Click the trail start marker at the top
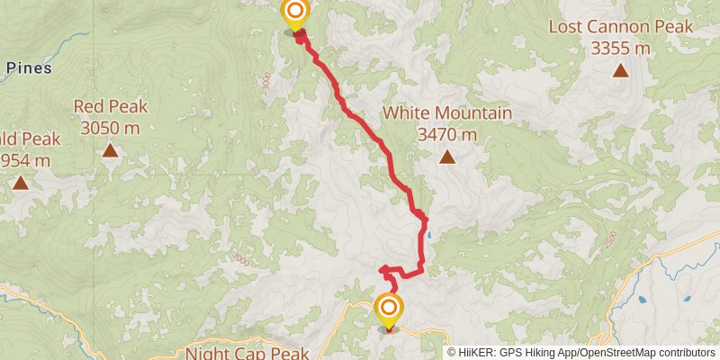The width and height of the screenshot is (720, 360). point(294,13)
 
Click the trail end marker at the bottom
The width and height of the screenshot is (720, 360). point(389,310)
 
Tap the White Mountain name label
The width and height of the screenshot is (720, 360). point(447,113)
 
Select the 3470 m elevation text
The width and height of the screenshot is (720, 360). point(447,135)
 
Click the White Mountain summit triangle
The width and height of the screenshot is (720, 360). point(447,158)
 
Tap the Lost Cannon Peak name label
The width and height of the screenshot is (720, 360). point(622,27)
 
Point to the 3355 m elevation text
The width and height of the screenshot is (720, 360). point(622,49)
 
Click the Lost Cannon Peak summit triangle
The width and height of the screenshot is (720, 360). point(621,72)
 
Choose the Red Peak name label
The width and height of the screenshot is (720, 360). point(111,106)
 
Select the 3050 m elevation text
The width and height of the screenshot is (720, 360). point(110,128)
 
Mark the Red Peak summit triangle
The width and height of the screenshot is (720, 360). point(110,150)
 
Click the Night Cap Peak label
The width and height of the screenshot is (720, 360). point(247,353)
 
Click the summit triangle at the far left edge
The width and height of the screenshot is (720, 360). point(20,184)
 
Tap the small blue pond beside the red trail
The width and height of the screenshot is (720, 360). point(429,236)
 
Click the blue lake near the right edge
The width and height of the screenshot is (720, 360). point(644,300)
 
